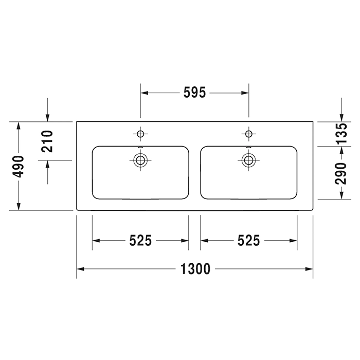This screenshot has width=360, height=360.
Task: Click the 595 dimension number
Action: (194, 93)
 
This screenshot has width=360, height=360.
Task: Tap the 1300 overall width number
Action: (195, 269)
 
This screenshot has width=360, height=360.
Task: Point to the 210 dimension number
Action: (47, 141)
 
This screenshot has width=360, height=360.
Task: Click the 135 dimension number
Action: (341, 134)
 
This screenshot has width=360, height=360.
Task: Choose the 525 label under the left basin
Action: (140, 241)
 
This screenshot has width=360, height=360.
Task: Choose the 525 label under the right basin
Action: (248, 241)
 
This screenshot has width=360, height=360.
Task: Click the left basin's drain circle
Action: (140, 160)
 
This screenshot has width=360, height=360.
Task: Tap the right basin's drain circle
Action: (248, 160)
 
